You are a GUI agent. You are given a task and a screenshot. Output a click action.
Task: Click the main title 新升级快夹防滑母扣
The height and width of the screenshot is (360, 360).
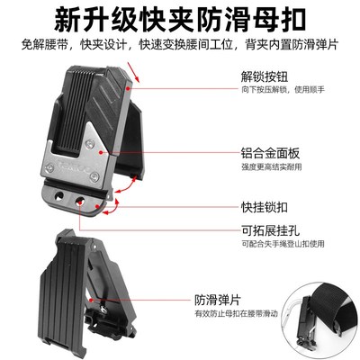click(180, 18)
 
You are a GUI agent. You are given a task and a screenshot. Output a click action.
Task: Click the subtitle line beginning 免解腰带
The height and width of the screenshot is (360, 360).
click(180, 42)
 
